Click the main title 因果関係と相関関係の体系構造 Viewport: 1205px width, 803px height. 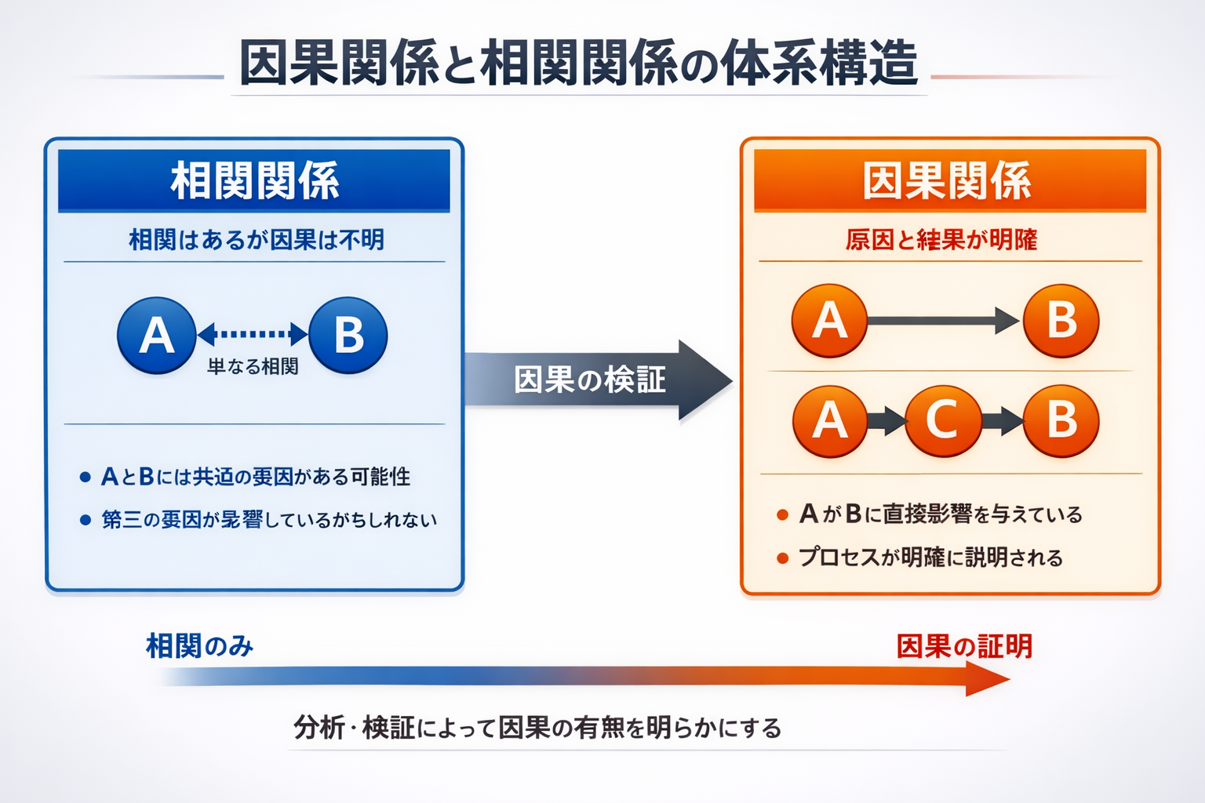pos(578,63)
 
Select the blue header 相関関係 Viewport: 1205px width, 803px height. pos(254,181)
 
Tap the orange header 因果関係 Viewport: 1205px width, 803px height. pos(947,181)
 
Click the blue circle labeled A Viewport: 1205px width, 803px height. pos(156,336)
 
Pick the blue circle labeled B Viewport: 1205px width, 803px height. pos(348,336)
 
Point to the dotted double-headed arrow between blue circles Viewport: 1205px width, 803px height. pos(252,334)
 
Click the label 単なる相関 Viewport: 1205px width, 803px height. pos(252,367)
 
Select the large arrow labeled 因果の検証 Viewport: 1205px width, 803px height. pos(596,380)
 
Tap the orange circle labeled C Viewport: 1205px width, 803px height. pos(943,421)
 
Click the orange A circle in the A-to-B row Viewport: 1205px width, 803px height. pos(829,321)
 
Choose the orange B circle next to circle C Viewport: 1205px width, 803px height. pos(1061,421)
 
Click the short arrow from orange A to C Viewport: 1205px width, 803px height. pos(886,421)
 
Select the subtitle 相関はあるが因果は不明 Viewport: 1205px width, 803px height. pos(256,240)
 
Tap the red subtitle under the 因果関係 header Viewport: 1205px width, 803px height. pos(941,240)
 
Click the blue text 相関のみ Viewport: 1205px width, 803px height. pos(199,646)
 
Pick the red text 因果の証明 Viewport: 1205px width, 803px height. pos(964,646)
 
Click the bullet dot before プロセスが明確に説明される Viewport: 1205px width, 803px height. pos(782,558)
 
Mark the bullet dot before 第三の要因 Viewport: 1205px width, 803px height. pos(86,520)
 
